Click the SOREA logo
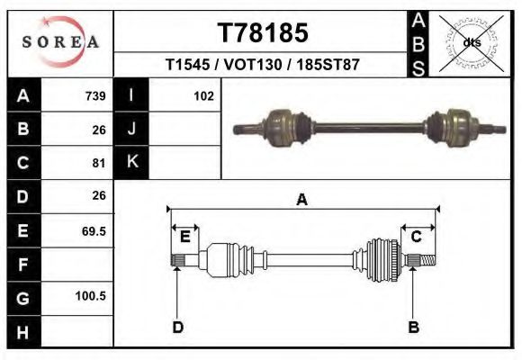pos(59,42)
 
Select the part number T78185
pos(263,33)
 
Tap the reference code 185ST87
pos(328,66)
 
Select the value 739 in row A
pos(95,96)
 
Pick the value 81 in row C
pos(99,163)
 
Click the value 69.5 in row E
pos(94,230)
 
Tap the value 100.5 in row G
pos(92,296)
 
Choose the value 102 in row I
pos(203,96)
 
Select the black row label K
pos(131,163)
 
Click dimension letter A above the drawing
pos(301,200)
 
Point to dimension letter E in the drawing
pos(184,237)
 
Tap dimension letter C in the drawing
pos(417,237)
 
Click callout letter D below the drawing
pos(177,327)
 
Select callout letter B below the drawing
pos(414,327)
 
